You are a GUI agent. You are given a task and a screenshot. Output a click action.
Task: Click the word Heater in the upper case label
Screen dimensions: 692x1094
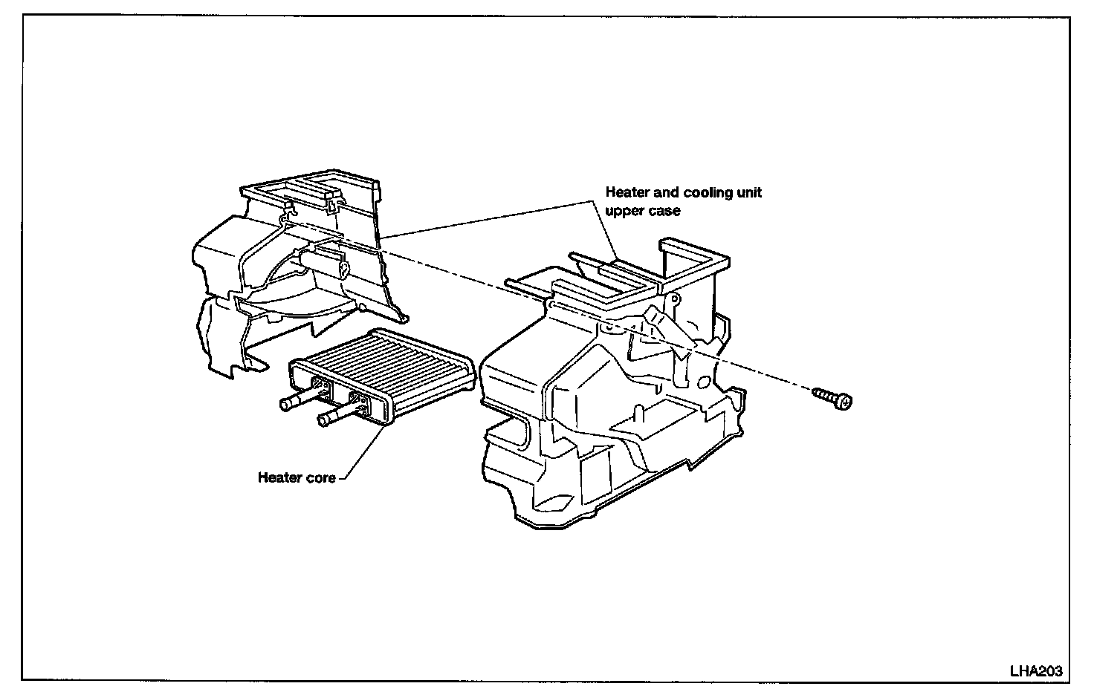pyautogui.click(x=626, y=193)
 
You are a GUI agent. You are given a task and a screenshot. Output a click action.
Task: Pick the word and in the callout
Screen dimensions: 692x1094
pyautogui.click(x=663, y=193)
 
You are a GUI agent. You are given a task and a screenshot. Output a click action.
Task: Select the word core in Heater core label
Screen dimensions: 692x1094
pyautogui.click(x=320, y=478)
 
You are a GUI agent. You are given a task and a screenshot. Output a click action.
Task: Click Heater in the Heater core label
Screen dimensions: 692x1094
pyautogui.click(x=279, y=478)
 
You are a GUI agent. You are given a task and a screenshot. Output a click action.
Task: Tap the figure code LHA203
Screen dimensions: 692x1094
pyautogui.click(x=1035, y=671)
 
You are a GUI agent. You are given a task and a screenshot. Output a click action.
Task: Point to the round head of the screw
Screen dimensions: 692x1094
pyautogui.click(x=843, y=401)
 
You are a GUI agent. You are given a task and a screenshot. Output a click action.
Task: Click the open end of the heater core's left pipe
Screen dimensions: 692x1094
pyautogui.click(x=283, y=404)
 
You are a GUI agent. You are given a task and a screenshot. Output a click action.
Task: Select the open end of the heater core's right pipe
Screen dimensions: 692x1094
pyautogui.click(x=322, y=421)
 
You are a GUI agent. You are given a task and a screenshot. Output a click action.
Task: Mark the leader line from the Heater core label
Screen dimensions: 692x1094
pyautogui.click(x=364, y=453)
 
